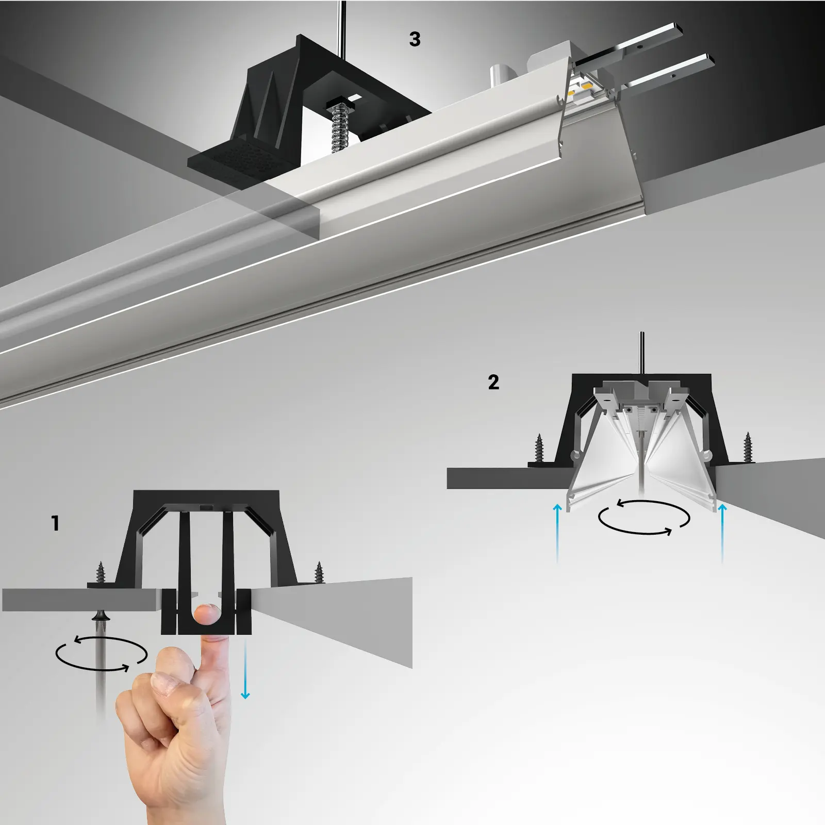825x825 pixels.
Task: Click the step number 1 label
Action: coord(56,523)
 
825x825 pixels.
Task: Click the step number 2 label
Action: coord(493,382)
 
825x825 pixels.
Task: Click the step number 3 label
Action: coord(415,39)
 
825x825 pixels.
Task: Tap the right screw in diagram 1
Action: coord(320,572)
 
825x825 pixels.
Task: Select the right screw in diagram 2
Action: coord(747,447)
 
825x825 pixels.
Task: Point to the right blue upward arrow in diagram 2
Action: coord(722,534)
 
